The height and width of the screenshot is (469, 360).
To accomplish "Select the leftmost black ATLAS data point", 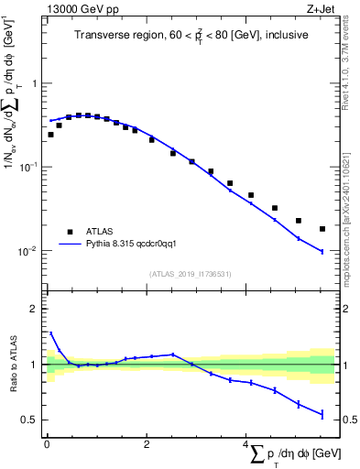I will click(50, 135).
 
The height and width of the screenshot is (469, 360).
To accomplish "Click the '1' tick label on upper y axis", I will click(34, 83).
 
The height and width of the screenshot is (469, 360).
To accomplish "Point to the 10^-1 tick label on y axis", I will click(29, 167).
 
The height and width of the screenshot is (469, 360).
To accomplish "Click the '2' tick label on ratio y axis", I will click(34, 309).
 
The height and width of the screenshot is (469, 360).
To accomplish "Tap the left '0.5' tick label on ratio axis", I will click(29, 420).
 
